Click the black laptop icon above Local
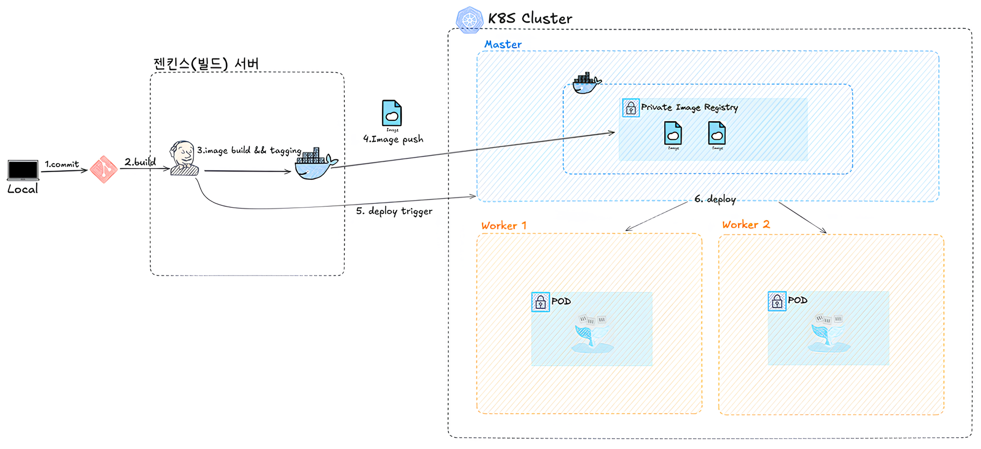coord(23,170)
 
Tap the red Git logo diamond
coord(103,170)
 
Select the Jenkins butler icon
coord(184,158)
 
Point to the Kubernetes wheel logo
coord(469,20)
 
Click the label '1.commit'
coord(62,164)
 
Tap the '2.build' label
coord(140,162)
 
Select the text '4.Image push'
coord(393,139)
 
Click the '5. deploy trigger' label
coord(394,211)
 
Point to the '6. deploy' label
coord(715,199)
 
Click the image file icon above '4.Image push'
coord(392,114)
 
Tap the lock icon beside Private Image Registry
coord(631,108)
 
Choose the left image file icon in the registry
coord(673,133)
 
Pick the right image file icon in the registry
coord(717,133)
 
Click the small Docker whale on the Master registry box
coord(586,83)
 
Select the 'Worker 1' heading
coord(504,226)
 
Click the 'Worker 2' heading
coord(746,225)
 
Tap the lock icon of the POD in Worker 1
coord(541,302)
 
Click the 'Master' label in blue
coord(503,45)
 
